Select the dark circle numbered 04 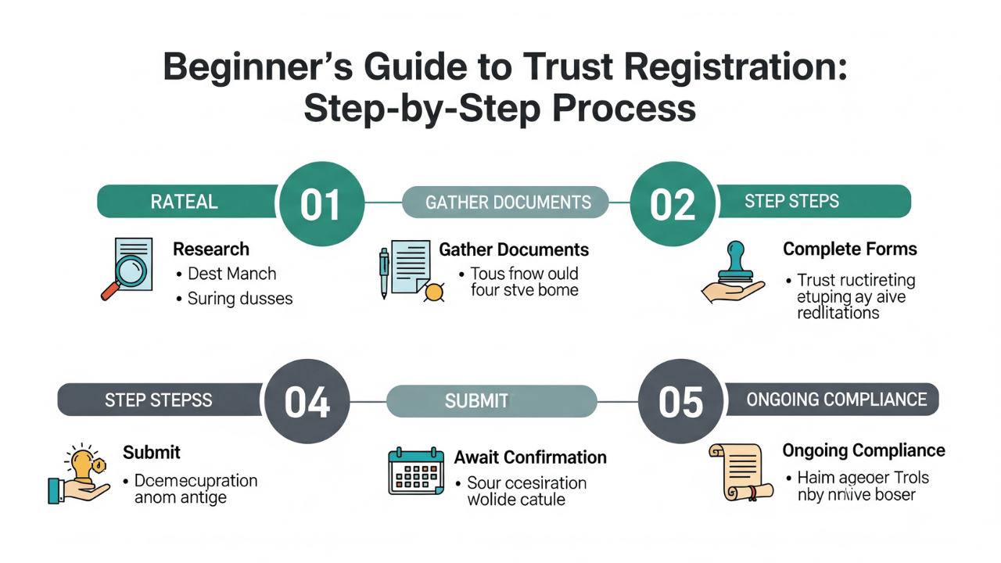307,401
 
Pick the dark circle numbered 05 681,401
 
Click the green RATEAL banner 186,202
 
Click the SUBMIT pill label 476,401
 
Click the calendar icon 416,471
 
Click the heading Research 211,249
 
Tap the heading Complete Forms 849,249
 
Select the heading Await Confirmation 530,457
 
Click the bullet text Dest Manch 232,274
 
